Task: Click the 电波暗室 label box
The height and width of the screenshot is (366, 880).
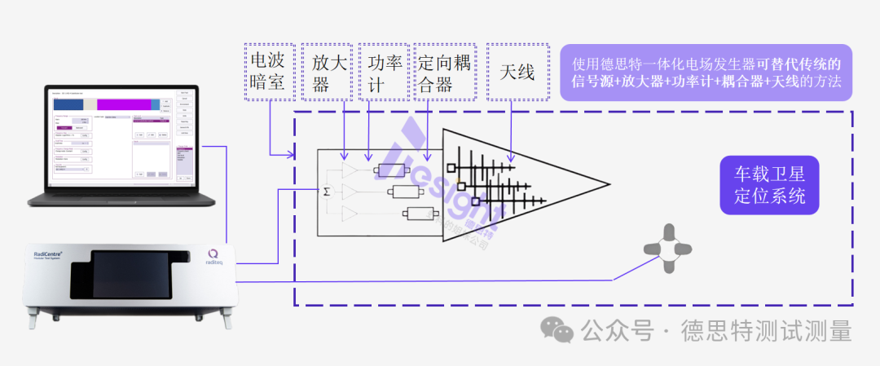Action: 269,71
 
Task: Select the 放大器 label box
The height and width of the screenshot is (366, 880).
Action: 328,71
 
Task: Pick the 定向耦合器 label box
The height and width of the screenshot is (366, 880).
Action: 444,71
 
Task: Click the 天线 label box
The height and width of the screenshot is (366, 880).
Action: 517,71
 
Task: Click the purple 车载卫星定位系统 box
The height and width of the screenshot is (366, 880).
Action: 770,185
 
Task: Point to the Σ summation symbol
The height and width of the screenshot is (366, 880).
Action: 327,191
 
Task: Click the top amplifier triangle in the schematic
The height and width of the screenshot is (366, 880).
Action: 350,170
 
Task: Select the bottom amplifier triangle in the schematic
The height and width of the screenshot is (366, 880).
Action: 350,214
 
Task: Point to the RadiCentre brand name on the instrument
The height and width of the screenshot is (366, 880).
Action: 50,254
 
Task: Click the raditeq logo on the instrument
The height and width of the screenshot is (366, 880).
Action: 213,259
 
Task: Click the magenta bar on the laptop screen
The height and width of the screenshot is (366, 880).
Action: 124,104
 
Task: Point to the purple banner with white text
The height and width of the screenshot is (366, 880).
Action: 706,73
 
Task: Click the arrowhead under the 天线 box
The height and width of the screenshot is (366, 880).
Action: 511,157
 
